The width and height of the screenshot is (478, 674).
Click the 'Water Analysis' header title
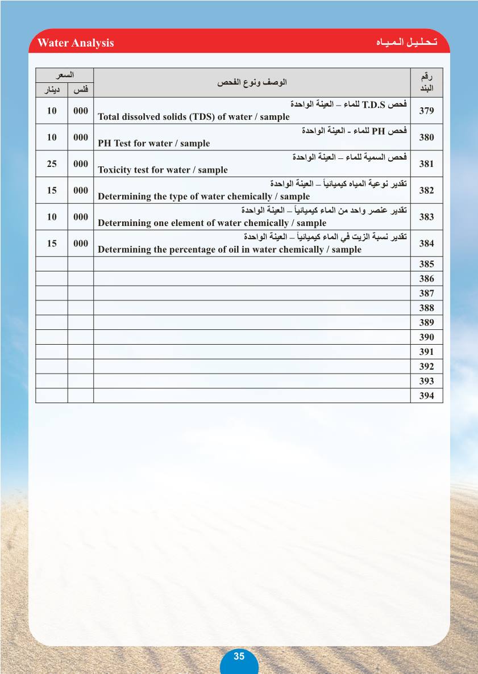click(x=76, y=43)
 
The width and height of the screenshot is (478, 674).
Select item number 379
click(x=426, y=111)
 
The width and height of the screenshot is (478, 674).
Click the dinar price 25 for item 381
click(x=52, y=164)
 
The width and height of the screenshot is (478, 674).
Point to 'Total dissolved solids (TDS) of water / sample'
click(x=193, y=117)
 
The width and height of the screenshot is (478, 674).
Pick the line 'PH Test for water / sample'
click(x=153, y=144)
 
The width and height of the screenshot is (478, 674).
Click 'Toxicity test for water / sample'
click(x=163, y=170)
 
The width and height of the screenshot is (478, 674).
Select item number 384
click(x=426, y=244)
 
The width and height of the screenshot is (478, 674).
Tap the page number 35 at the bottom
click(x=239, y=656)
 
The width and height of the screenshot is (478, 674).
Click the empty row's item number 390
click(x=426, y=337)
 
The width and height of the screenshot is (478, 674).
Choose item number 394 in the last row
click(x=426, y=396)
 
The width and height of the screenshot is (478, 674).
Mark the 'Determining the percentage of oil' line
click(x=229, y=250)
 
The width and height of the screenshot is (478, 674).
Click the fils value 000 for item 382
click(x=81, y=190)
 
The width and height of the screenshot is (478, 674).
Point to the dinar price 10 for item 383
click(x=52, y=217)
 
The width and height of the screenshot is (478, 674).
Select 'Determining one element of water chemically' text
click(x=212, y=223)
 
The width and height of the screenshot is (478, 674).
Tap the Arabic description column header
click(x=252, y=82)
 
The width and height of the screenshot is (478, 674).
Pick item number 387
click(x=426, y=294)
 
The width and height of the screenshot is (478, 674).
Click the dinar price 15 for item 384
click(x=52, y=244)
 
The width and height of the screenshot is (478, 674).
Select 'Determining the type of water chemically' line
click(x=203, y=196)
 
